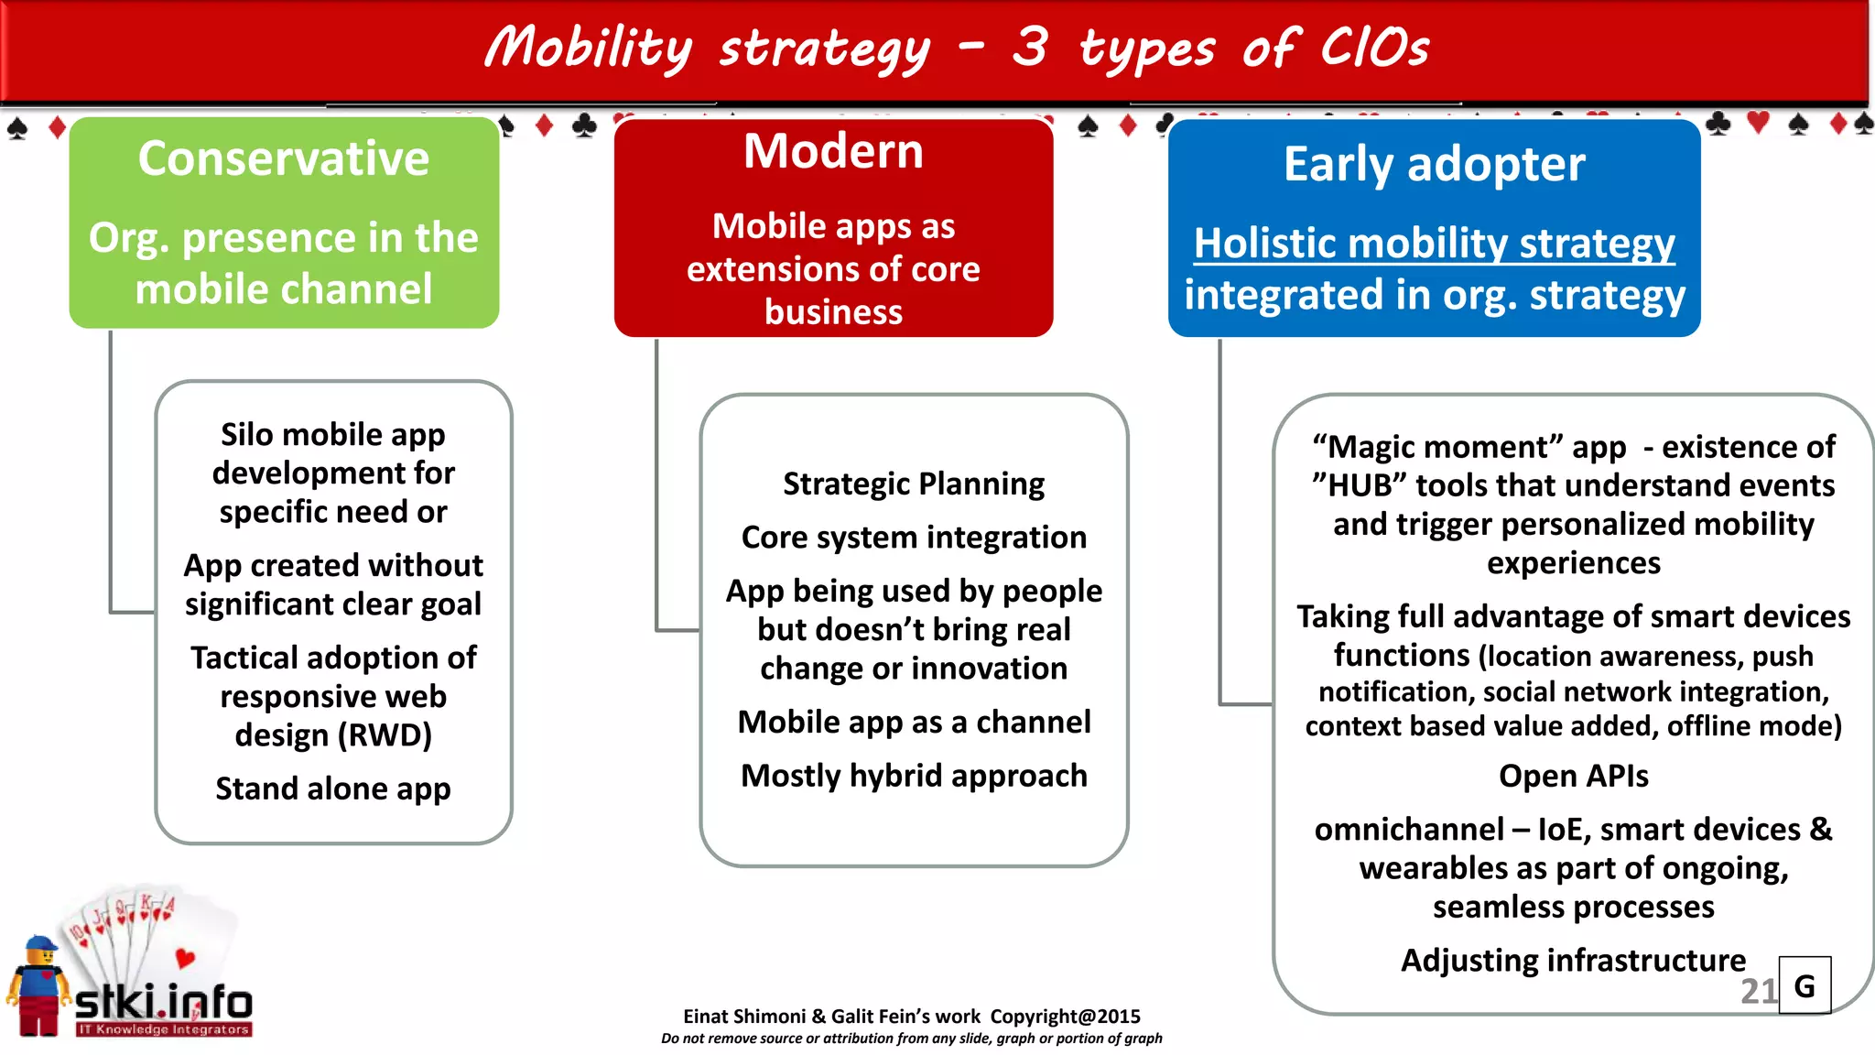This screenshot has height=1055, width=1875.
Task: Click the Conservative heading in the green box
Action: coord(284,158)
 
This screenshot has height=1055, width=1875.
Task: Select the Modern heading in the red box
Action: coord(833,151)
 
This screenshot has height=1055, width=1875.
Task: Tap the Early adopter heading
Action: coord(1434,165)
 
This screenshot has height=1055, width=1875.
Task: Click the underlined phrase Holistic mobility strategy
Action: coord(1434,244)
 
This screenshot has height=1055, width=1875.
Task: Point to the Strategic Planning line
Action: coord(914,484)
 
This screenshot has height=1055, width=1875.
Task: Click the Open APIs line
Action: coord(1573,777)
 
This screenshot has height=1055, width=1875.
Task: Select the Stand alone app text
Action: coord(333,789)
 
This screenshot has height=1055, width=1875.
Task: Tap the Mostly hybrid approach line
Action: coord(914,776)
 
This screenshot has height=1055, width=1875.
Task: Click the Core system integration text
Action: coord(914,538)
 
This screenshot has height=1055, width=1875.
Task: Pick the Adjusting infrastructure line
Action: coord(1573,960)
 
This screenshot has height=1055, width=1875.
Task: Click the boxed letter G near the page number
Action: coord(1805,986)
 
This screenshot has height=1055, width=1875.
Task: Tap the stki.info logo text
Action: coord(165,1003)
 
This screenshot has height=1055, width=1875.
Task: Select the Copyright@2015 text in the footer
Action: coord(1065,1017)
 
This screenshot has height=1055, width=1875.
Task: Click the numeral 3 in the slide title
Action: coord(1030,48)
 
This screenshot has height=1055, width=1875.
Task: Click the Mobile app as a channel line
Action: coord(914,723)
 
